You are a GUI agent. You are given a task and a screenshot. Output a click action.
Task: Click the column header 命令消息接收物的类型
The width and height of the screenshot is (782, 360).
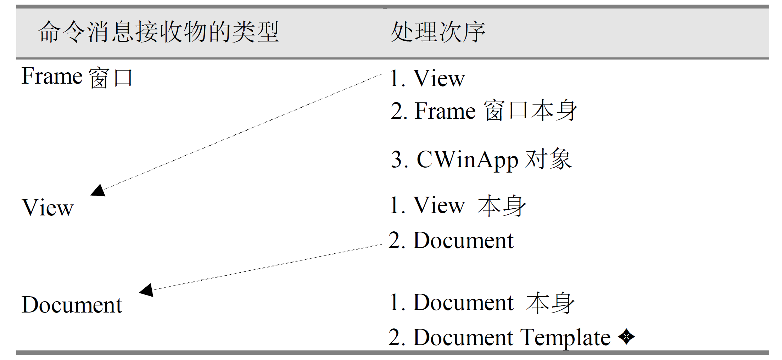click(158, 32)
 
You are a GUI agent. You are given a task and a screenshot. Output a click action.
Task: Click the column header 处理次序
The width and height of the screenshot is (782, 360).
click(438, 32)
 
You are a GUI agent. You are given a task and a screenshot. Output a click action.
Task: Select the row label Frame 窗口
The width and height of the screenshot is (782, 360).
click(77, 77)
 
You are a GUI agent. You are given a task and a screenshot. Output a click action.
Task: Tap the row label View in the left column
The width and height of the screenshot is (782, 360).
click(48, 207)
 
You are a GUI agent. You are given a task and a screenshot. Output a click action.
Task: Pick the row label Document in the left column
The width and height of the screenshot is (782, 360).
click(72, 304)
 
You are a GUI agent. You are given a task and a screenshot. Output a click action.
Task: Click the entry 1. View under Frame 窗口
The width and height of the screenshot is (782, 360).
click(427, 78)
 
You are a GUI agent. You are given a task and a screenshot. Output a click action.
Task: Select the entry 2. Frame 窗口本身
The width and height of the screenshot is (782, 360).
click(484, 111)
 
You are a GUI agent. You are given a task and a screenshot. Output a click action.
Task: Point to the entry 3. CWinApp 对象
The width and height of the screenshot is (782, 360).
click(481, 159)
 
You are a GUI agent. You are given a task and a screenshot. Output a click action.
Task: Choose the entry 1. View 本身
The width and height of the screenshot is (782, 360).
click(458, 205)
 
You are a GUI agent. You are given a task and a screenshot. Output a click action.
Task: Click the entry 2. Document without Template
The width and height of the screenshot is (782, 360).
click(451, 240)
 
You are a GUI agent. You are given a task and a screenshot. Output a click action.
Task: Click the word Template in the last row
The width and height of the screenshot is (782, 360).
click(565, 337)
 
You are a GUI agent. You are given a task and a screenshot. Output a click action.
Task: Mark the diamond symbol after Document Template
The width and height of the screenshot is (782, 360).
click(626, 337)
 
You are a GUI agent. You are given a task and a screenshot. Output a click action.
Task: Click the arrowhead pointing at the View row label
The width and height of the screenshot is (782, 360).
click(99, 190)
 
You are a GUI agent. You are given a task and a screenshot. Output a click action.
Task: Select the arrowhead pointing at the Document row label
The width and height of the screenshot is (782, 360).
click(147, 290)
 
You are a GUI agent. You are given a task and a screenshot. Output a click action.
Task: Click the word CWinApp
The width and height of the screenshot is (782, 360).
click(467, 159)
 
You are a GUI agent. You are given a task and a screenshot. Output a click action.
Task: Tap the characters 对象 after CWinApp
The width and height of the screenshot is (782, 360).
click(548, 159)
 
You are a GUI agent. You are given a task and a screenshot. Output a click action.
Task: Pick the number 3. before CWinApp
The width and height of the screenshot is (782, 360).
click(399, 159)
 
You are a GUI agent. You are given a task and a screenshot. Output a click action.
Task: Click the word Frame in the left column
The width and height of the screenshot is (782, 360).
click(52, 76)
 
